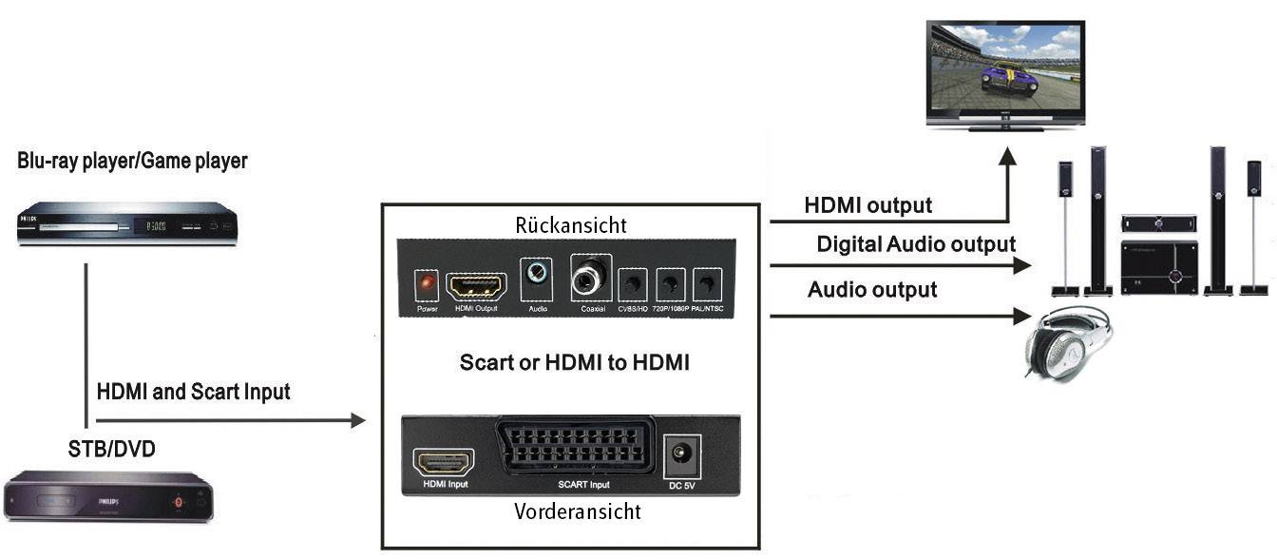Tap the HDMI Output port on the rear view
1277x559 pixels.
point(476,285)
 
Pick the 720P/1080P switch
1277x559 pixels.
point(671,284)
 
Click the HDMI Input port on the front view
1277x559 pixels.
point(444,463)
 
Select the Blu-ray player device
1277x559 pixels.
point(124,224)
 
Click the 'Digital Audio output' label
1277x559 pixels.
point(916,244)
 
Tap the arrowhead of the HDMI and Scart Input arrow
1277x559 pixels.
point(358,420)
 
